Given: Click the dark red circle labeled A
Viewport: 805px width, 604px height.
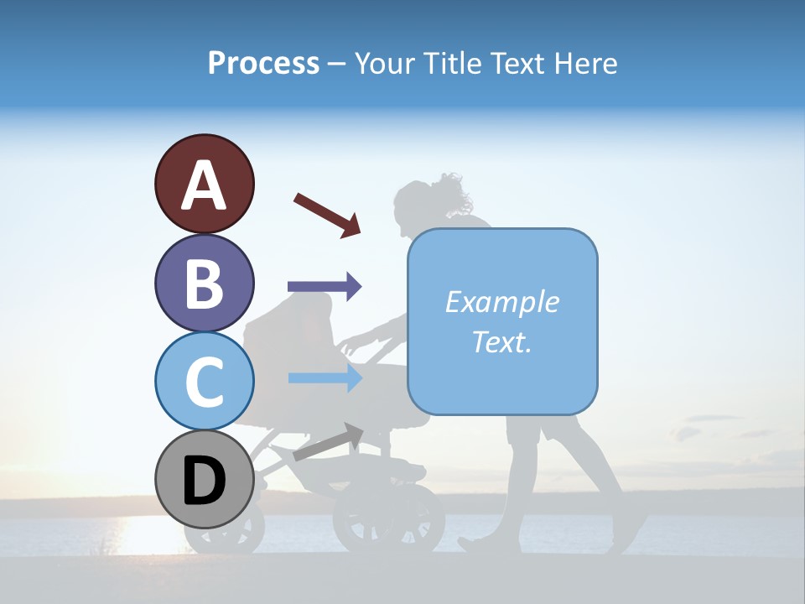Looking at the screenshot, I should coord(204,184).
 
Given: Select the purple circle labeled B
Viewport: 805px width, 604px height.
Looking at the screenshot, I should coord(204,283).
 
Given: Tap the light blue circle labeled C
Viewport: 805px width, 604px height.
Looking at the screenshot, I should coord(204,381).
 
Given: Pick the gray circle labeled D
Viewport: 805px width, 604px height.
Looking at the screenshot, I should coord(204,479).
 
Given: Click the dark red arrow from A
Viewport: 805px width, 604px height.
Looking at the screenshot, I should coord(327,214).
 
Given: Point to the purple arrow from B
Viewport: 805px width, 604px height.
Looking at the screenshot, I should coord(325,287).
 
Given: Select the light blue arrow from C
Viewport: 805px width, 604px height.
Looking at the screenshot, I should coord(325,377).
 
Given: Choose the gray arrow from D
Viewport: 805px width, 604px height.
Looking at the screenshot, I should coord(328,442).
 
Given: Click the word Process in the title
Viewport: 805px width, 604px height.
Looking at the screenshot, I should coord(263,63).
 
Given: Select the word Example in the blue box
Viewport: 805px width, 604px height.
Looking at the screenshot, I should coord(501,302).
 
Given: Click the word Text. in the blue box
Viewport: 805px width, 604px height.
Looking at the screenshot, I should coord(501,341).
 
